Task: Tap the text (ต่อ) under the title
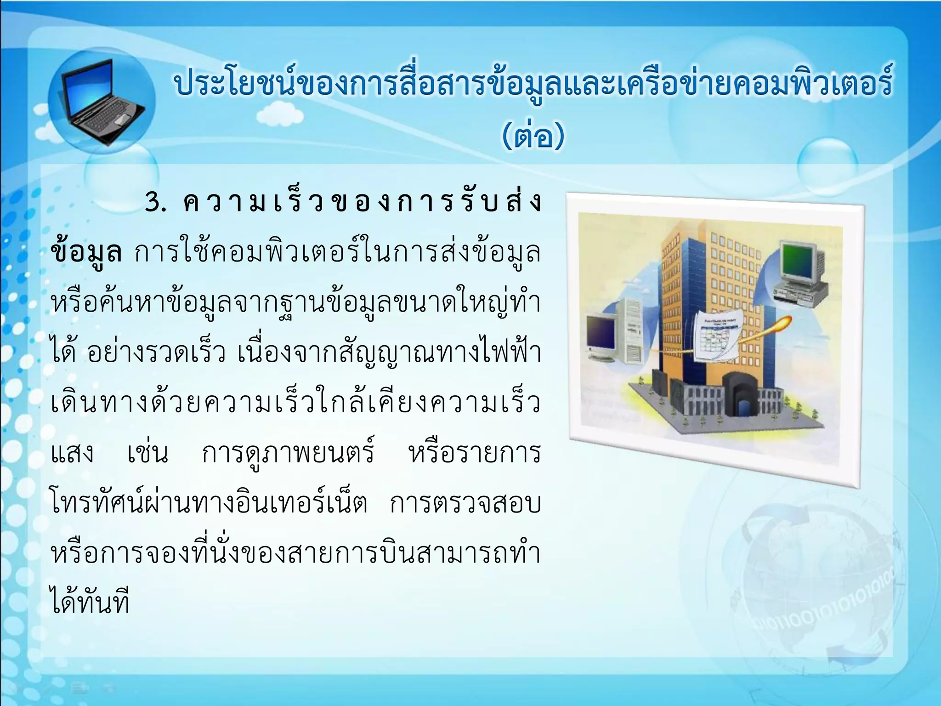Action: click(x=533, y=136)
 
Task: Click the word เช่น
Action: click(x=147, y=453)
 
